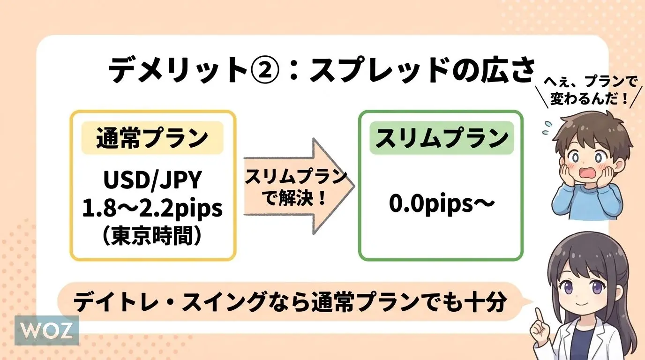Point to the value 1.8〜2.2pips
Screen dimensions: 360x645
(152, 209)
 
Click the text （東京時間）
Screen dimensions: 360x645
(152, 235)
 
